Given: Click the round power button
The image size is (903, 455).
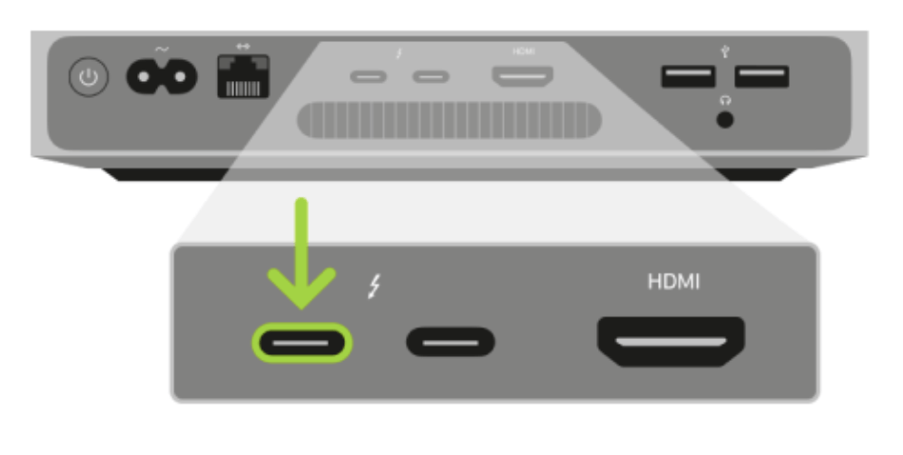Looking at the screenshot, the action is [89, 76].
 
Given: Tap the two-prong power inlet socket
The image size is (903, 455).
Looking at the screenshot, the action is [162, 76].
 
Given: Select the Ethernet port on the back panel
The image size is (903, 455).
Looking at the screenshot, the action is [243, 76].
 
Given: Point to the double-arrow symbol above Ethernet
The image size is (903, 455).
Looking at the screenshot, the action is [243, 46].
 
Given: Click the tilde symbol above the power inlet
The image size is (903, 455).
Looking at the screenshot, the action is [162, 49].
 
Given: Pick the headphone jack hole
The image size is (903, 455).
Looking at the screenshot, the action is [725, 120].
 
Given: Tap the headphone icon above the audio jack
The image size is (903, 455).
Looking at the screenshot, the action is [725, 101].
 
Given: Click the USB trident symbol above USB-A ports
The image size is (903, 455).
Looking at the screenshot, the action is [725, 51].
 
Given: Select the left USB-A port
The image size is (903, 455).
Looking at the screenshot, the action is [688, 76].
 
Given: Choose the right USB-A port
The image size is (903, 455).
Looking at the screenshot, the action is [762, 76].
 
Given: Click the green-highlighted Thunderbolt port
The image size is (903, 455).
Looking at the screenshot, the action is [302, 343].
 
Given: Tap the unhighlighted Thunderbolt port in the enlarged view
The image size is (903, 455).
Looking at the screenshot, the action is [451, 343].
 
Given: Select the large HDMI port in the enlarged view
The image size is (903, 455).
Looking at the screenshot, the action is [671, 341].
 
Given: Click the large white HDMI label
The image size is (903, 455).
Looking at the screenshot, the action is [673, 282].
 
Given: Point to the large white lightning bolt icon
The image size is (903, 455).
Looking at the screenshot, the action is [374, 286].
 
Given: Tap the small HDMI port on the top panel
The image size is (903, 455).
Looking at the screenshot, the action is [522, 76].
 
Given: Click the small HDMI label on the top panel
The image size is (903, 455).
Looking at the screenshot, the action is [524, 51].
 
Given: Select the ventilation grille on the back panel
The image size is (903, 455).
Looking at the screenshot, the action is [450, 120].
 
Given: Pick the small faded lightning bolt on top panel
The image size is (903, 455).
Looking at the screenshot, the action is [399, 53].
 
